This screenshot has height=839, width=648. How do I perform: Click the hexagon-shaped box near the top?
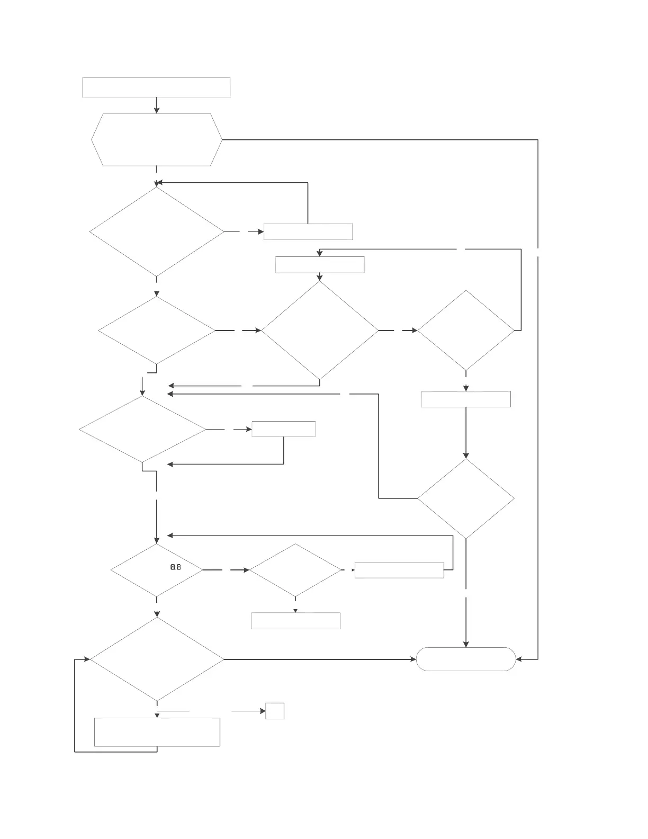[x=157, y=140]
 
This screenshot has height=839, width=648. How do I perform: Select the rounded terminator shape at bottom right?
[x=466, y=659]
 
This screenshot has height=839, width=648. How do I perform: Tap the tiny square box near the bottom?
[x=275, y=711]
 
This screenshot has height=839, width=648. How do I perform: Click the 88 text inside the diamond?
[x=176, y=567]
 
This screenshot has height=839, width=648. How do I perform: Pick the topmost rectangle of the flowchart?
[x=157, y=87]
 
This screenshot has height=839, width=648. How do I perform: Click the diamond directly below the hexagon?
[x=157, y=232]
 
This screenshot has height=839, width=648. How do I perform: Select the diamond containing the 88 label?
[x=157, y=570]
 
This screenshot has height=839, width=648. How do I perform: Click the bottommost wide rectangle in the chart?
[x=157, y=732]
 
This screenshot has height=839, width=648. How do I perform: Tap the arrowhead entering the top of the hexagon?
[x=157, y=110]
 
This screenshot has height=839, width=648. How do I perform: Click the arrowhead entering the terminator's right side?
[x=519, y=659]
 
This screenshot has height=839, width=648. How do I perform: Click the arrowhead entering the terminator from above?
[x=466, y=644]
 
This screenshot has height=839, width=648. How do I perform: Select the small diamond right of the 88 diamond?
[x=295, y=570]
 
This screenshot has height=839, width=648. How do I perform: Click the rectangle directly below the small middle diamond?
[x=295, y=621]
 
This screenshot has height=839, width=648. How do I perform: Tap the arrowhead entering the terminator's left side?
[x=413, y=659]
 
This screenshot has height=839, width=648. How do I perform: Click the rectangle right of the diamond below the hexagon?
[x=308, y=232]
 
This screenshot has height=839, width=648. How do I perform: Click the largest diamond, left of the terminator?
[x=157, y=659]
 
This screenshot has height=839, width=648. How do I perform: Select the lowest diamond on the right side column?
[x=466, y=498]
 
